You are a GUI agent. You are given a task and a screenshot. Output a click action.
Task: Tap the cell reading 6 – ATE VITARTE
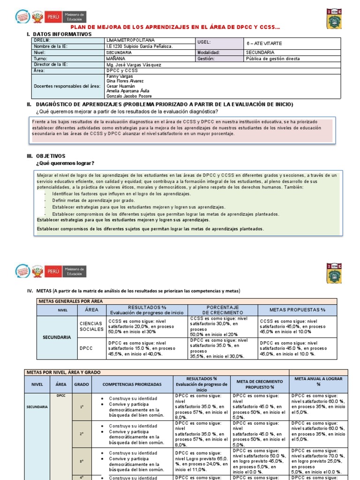tap(264, 43)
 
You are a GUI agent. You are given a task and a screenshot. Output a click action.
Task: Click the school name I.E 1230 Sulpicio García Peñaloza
tap(140, 46)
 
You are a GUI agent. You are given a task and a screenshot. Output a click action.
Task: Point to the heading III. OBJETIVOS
tap(46, 156)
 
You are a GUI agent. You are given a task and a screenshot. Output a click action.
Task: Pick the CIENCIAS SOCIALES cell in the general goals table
tap(92, 326)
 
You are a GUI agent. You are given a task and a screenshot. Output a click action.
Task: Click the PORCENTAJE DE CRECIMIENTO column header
tap(223, 310)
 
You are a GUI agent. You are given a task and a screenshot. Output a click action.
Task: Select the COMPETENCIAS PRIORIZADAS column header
tap(132, 384)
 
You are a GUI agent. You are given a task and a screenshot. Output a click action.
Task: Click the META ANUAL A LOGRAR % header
tap(318, 381)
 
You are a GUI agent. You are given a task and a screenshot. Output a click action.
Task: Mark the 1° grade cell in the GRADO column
tap(82, 407)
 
